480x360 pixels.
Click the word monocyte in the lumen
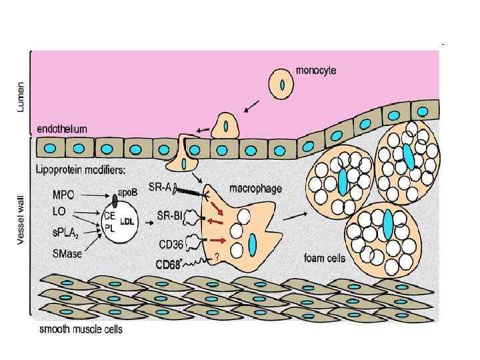tap(315, 69)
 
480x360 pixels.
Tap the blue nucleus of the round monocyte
tap(281, 85)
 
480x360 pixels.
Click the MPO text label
tap(63, 197)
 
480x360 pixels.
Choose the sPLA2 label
tap(65, 235)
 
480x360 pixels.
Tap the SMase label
tap(66, 254)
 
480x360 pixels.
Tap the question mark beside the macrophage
tap(217, 257)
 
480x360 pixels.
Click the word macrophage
tap(254, 189)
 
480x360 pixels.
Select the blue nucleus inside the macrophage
tap(253, 244)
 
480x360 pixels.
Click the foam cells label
tap(325, 258)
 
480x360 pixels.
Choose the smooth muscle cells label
tap(81, 328)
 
